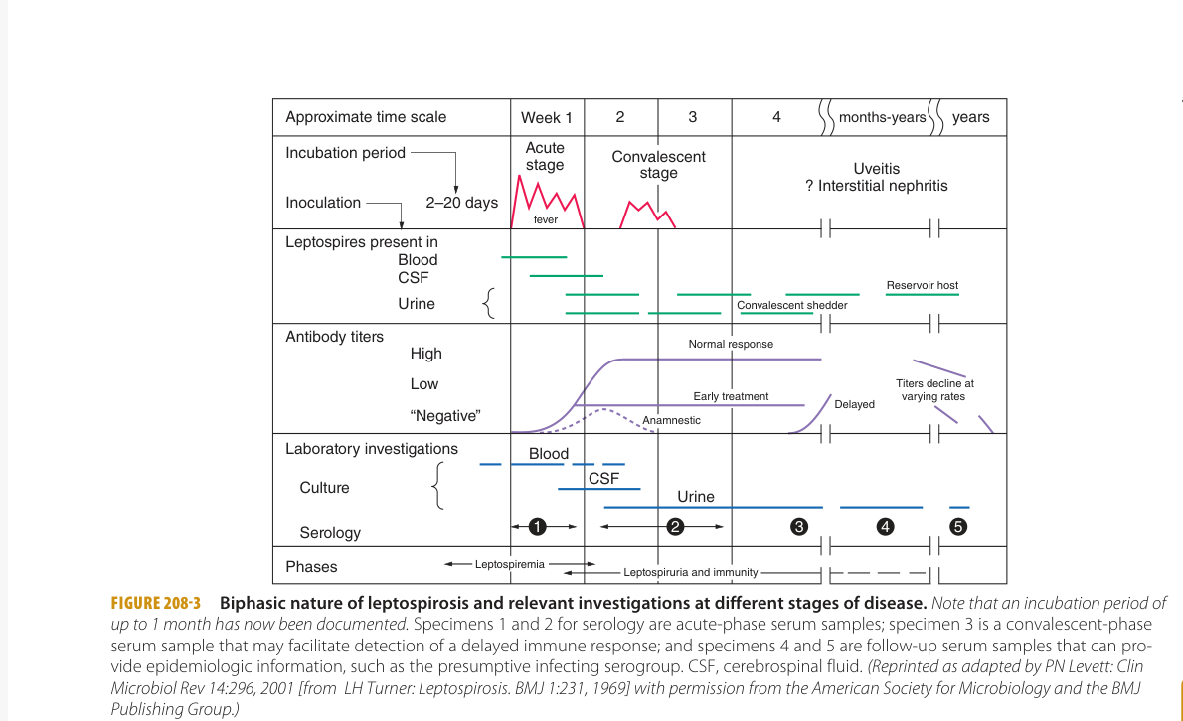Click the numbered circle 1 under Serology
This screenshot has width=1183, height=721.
point(538,525)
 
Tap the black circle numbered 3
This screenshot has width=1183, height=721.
point(797,526)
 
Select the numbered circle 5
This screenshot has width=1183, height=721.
point(958,526)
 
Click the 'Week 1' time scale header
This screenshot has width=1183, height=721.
point(547,117)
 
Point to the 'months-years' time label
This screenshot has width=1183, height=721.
point(882,117)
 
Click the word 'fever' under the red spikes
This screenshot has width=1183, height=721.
point(546,219)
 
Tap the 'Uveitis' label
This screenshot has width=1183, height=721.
point(876,169)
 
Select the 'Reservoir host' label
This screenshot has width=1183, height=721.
point(923,285)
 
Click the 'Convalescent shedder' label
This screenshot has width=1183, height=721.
point(792,305)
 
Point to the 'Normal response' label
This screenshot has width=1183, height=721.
point(731,344)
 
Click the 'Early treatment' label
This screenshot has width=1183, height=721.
point(731,396)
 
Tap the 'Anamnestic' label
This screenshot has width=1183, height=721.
point(671,420)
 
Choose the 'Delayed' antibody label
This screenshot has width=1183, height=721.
point(854,404)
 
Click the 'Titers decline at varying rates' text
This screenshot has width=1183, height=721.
point(934,389)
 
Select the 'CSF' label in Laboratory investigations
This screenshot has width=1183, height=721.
point(603,478)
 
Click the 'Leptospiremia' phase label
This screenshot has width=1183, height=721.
point(509,564)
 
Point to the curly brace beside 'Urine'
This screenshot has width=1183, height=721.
point(488,304)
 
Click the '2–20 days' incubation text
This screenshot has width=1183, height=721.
point(461,203)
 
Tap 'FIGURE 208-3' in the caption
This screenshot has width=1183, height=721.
point(155,603)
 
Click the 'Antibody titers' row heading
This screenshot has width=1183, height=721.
point(334,337)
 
